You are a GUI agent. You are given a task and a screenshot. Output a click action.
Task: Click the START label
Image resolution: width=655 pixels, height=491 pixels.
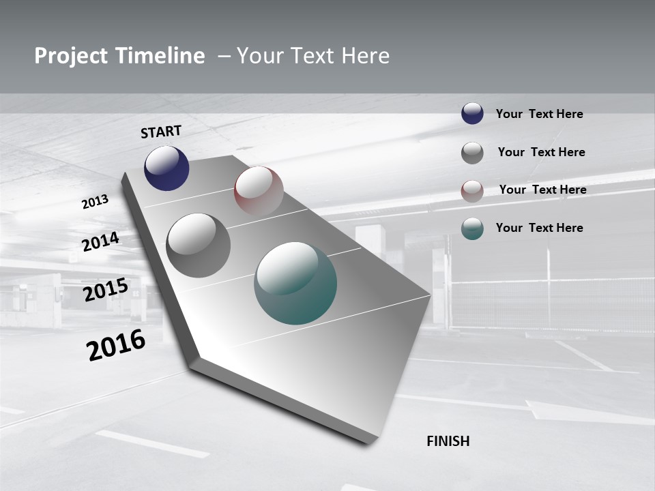tap(161, 131)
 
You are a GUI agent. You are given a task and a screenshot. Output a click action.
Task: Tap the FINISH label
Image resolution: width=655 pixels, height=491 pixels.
tap(448, 441)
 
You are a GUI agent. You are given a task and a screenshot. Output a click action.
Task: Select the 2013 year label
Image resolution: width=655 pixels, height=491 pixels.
tap(95, 202)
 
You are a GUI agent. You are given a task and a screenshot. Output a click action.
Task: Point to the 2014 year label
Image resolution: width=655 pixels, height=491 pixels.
tap(101, 241)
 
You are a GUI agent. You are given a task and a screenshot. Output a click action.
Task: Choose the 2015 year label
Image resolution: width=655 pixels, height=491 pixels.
tap(106, 289)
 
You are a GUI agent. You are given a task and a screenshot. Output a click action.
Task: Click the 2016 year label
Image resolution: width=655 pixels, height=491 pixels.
tap(116, 345)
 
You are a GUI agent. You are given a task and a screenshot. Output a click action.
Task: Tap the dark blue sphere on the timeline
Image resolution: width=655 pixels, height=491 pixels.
tap(166, 168)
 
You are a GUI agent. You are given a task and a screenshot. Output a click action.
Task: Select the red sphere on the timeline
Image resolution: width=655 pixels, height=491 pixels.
tap(259, 191)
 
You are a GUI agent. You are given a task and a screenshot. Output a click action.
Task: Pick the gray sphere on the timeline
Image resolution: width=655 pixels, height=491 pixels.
tap(199, 245)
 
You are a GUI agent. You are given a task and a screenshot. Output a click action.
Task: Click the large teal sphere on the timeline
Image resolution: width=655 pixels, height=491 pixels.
tap(295, 283)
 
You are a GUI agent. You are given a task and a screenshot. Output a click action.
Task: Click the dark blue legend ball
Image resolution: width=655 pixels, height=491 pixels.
tap(472, 114)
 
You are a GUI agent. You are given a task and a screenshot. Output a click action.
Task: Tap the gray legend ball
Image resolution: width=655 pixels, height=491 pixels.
tap(472, 153)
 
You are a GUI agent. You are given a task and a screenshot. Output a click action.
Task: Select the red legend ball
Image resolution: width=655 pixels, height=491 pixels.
tap(472, 191)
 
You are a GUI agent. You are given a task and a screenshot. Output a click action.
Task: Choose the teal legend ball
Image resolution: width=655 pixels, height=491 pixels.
tap(472, 228)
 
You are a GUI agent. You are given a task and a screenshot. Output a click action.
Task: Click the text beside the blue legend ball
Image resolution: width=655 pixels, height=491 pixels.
tap(539, 114)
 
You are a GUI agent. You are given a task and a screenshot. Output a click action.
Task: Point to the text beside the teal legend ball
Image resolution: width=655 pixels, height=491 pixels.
tap(539, 228)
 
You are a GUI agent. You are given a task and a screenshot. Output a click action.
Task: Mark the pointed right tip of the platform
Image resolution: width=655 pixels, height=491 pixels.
tap(429, 295)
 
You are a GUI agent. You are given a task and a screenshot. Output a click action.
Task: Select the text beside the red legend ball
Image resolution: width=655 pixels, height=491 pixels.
tap(542, 190)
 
